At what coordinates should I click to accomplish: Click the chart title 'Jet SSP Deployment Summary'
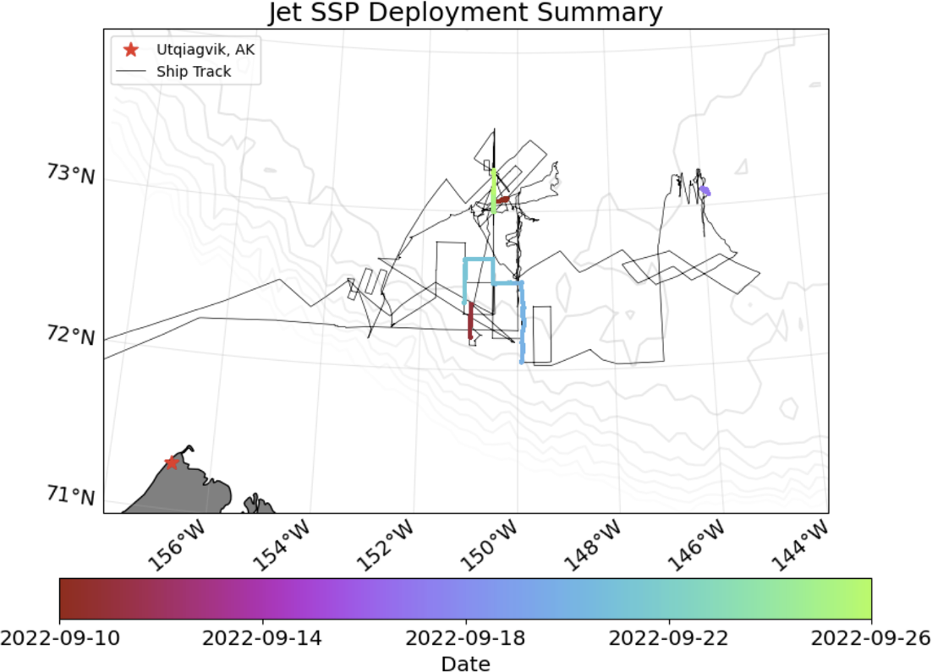465,13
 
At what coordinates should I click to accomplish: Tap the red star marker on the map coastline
172,462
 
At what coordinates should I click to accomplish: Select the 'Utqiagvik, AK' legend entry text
206,50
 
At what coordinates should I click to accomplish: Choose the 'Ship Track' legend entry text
194,72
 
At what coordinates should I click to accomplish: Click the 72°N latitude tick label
70,336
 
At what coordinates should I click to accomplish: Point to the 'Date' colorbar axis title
465,664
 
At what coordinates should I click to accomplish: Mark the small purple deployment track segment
704,191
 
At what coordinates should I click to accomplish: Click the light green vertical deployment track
493,190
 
